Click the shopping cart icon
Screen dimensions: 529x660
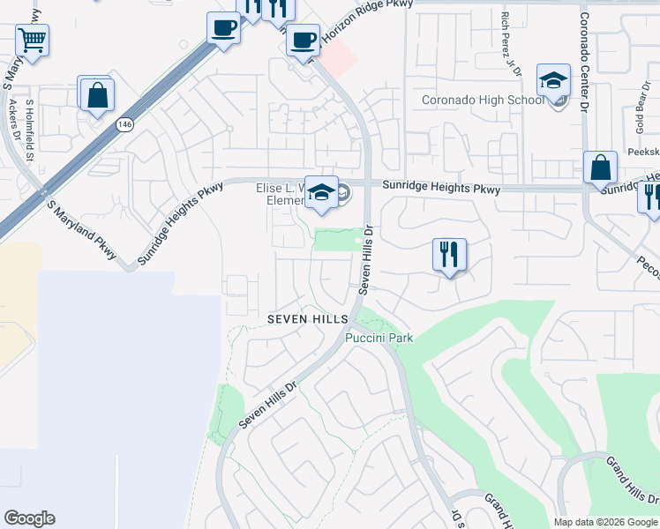click(32, 40)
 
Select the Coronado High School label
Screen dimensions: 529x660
click(483, 100)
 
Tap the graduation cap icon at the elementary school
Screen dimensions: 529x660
click(322, 193)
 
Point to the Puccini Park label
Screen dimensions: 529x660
click(379, 338)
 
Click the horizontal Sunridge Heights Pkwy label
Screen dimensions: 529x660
click(440, 189)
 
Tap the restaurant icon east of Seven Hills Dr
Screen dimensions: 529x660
click(449, 255)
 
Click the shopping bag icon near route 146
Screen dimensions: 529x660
click(97, 94)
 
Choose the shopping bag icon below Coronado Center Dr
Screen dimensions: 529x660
click(600, 168)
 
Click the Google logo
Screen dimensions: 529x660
click(29, 518)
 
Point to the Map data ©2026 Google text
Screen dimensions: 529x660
click(605, 522)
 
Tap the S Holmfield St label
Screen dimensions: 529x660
click(29, 132)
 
